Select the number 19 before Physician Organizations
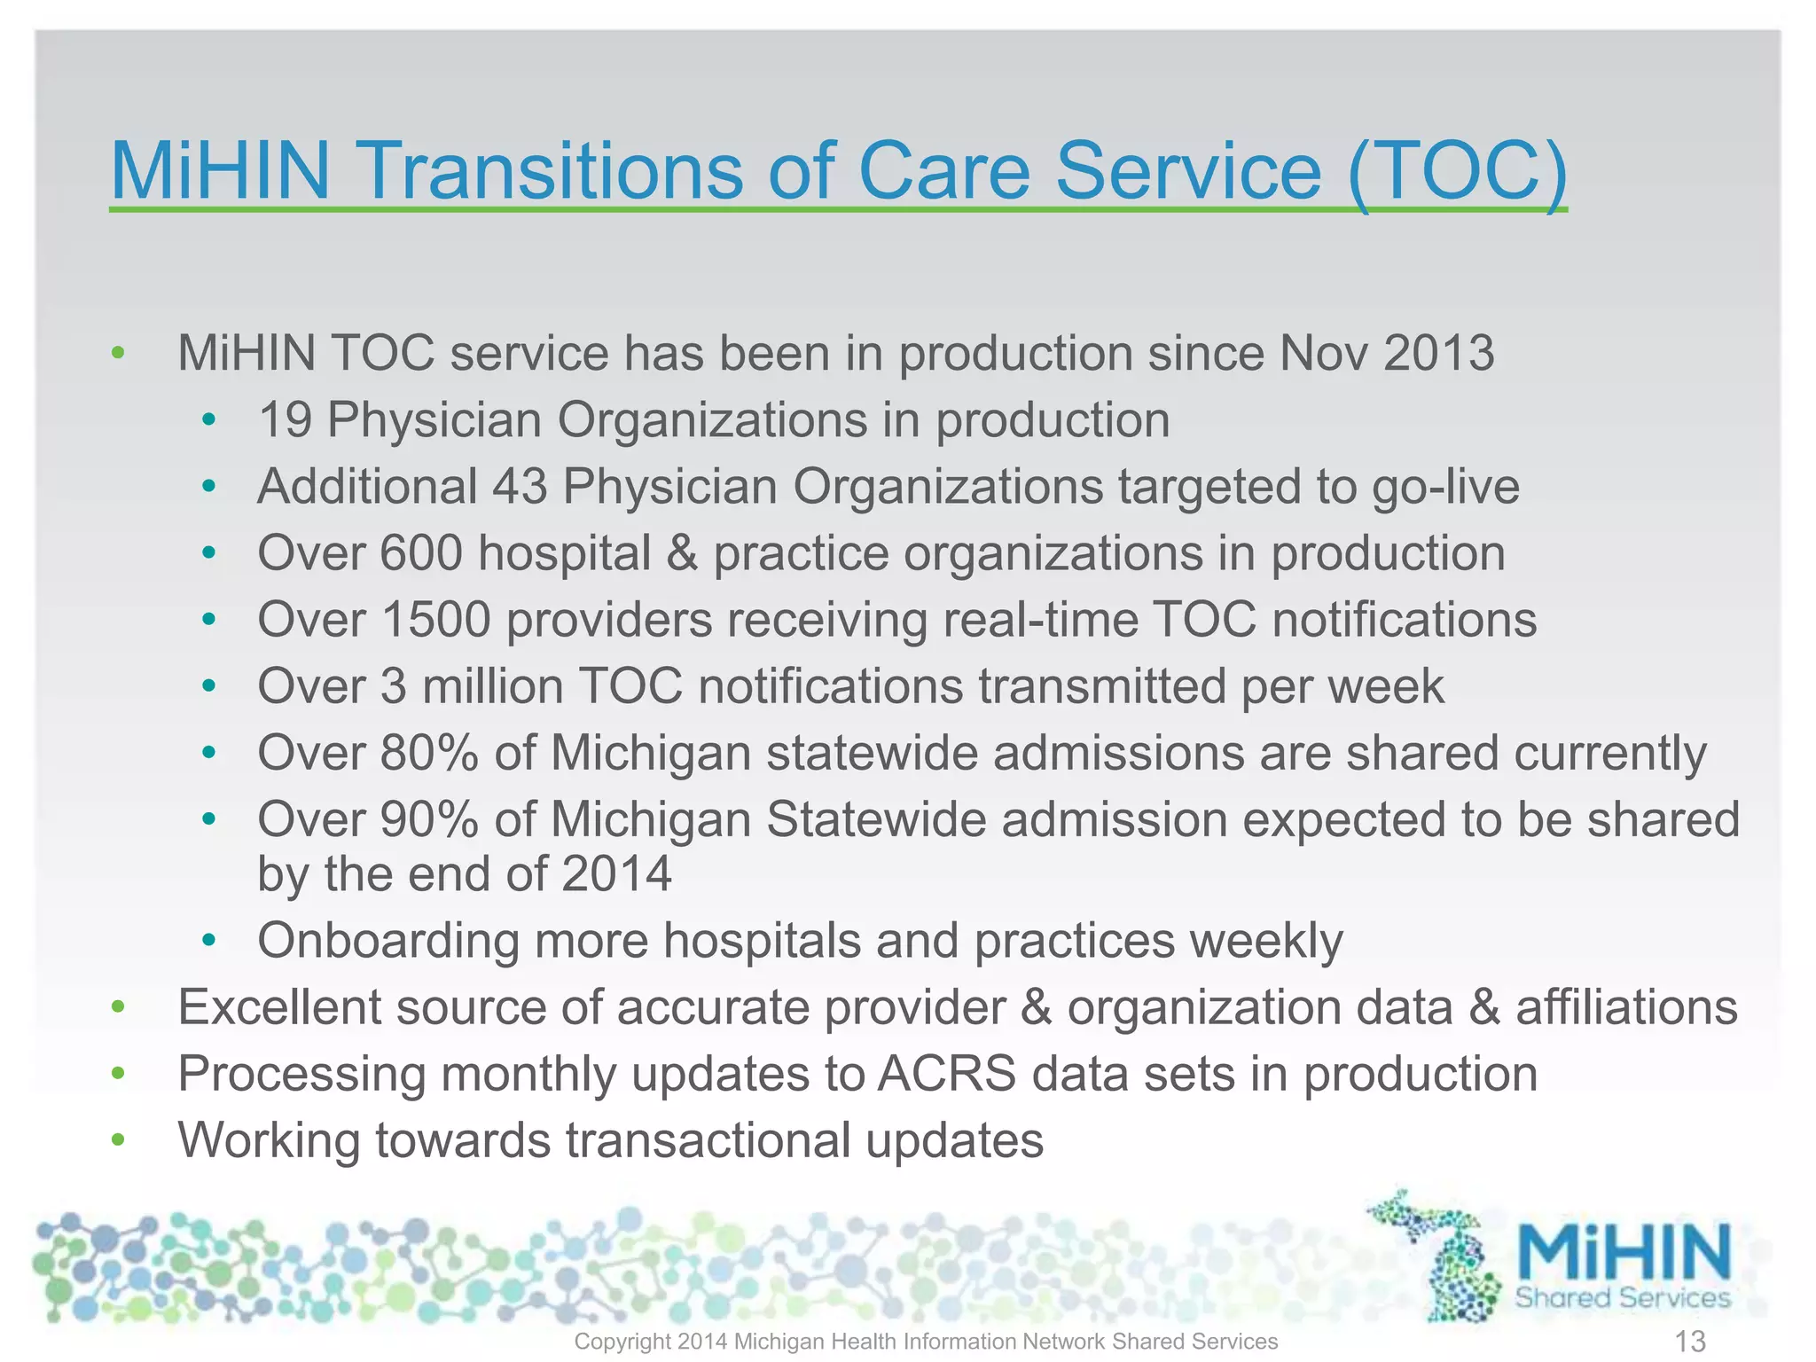(x=285, y=419)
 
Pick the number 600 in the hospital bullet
(x=421, y=553)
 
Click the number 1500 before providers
(x=435, y=620)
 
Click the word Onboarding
(x=387, y=941)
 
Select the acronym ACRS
(x=947, y=1074)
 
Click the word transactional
(x=708, y=1140)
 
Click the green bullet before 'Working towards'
(x=118, y=1140)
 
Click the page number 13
(x=1690, y=1342)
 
